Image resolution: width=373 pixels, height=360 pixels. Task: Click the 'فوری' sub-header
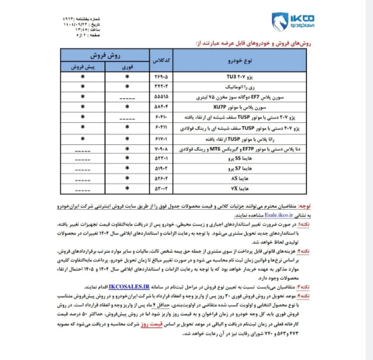click(125, 67)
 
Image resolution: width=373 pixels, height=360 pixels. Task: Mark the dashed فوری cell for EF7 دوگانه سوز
click(125, 96)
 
